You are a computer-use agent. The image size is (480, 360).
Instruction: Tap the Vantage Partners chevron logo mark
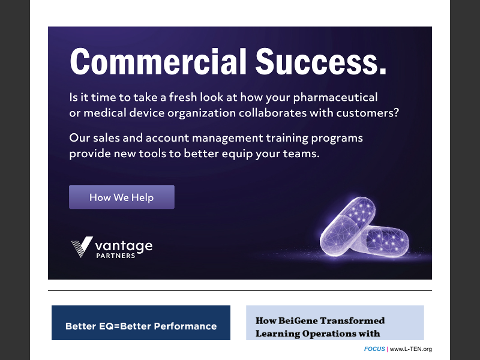pos(82,247)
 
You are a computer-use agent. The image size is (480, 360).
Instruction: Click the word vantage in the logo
pos(124,245)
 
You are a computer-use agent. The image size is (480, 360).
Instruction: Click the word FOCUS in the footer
pos(374,349)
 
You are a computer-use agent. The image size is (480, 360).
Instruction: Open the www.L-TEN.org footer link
pos(411,349)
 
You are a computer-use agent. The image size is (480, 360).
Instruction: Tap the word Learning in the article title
pos(278,334)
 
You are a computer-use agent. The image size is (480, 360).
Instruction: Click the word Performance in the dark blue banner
pos(185,326)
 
